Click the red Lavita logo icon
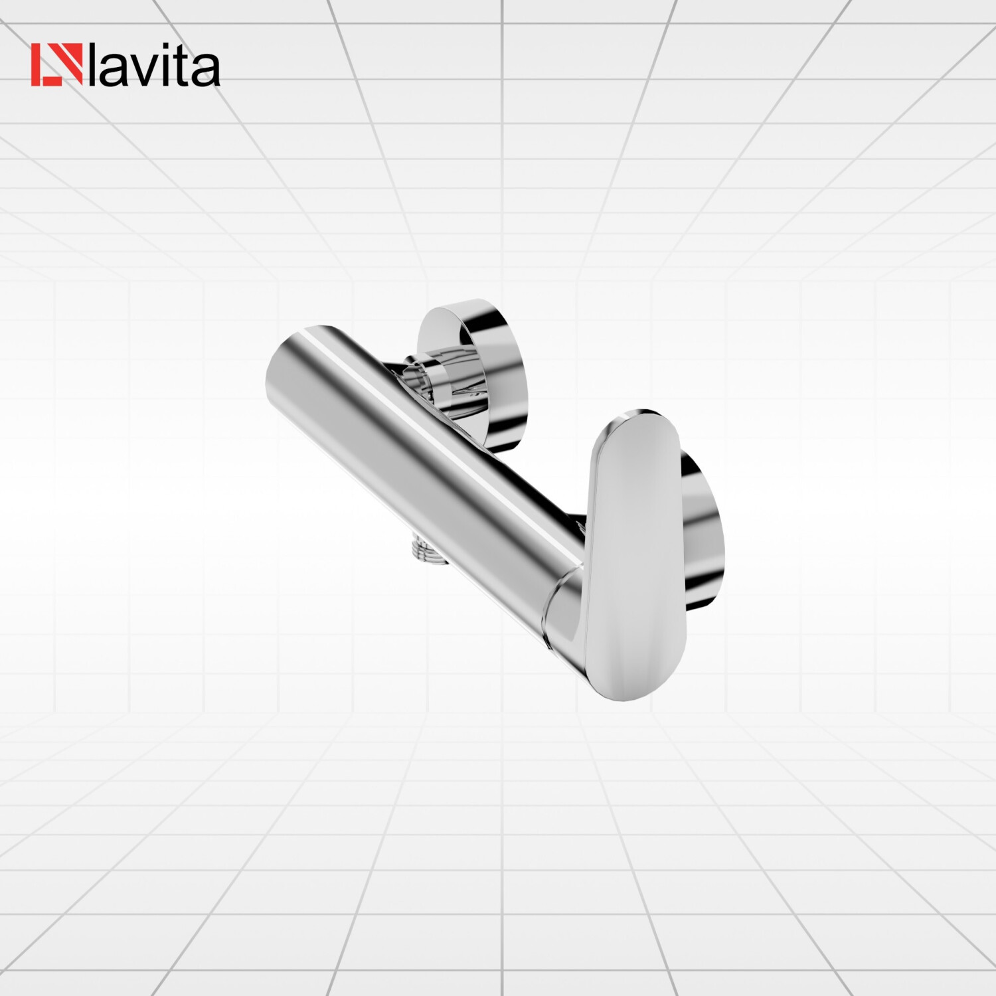click(x=57, y=65)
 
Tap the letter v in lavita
click(x=146, y=70)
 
